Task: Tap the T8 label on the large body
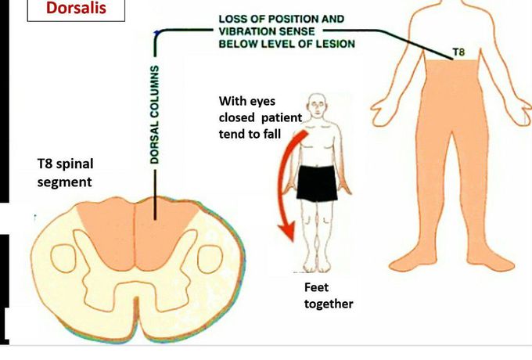460,52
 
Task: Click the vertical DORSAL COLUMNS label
156,114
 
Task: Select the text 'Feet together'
329,295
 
